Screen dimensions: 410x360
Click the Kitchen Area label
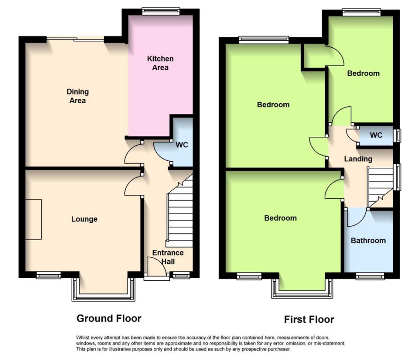click(160, 63)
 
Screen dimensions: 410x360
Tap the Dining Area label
click(78, 96)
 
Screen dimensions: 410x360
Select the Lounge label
click(84, 219)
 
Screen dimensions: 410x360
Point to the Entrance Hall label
click(168, 257)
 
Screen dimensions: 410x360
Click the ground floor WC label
click(182, 145)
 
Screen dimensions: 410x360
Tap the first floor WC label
click(376, 135)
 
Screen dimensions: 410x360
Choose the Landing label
click(358, 159)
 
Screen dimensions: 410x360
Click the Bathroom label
click(368, 240)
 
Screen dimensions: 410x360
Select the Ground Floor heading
click(109, 318)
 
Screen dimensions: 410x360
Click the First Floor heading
click(309, 320)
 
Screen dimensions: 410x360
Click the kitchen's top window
click(161, 11)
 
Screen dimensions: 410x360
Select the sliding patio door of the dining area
click(76, 39)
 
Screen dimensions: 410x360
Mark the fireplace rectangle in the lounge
click(33, 219)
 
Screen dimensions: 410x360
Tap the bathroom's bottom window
click(370, 276)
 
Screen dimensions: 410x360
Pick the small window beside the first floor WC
click(397, 135)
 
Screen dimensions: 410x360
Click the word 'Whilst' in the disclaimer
click(82, 337)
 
